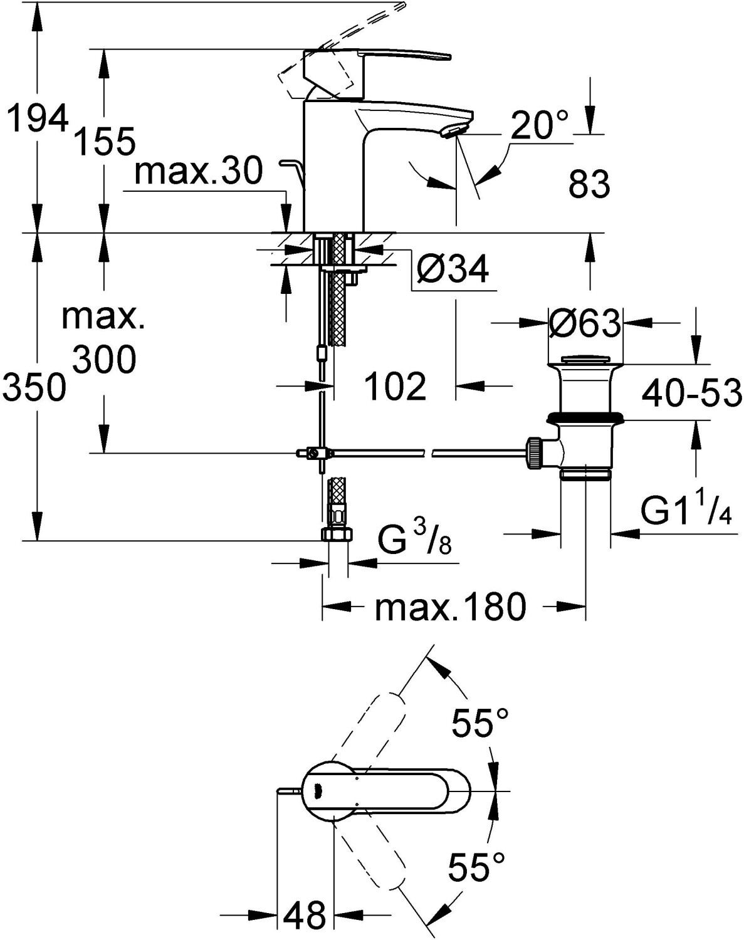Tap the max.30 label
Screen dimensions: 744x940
[199, 171]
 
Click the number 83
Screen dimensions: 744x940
[589, 184]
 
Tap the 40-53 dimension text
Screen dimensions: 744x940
[692, 392]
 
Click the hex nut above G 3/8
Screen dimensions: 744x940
[337, 533]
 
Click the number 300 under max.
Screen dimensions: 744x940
[104, 359]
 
